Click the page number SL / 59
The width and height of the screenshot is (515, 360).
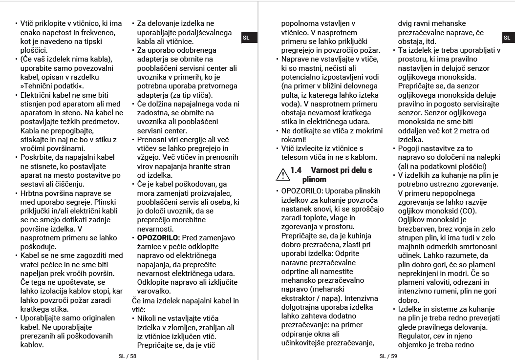coord(388,356)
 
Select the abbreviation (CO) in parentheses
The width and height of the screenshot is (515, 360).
coord(467,211)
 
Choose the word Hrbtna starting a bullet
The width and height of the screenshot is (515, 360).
coord(32,193)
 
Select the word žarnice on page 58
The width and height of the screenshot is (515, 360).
coord(149,247)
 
